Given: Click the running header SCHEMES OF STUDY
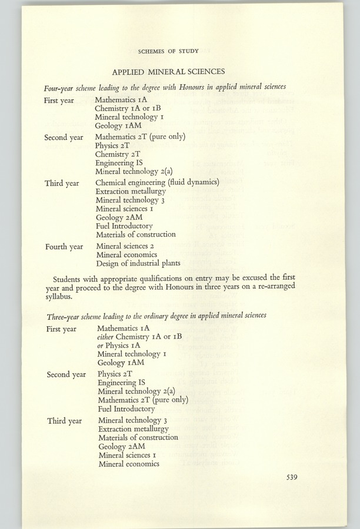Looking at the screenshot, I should (x=168, y=52).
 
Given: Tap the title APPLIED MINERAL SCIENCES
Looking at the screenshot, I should (x=168, y=72).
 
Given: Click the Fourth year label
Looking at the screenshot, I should (x=64, y=247).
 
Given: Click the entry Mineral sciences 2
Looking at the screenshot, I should (x=125, y=246).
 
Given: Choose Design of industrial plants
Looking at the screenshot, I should (x=138, y=263).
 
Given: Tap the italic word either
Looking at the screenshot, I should (x=106, y=337).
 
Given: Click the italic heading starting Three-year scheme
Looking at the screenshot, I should (x=156, y=316).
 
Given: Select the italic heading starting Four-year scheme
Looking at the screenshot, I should (x=165, y=88).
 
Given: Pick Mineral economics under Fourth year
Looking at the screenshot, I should (x=126, y=255).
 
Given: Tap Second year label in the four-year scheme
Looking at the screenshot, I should (x=64, y=138).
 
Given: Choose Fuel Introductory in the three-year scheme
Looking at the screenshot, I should (x=126, y=409).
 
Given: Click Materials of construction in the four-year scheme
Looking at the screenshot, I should (x=135, y=234).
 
